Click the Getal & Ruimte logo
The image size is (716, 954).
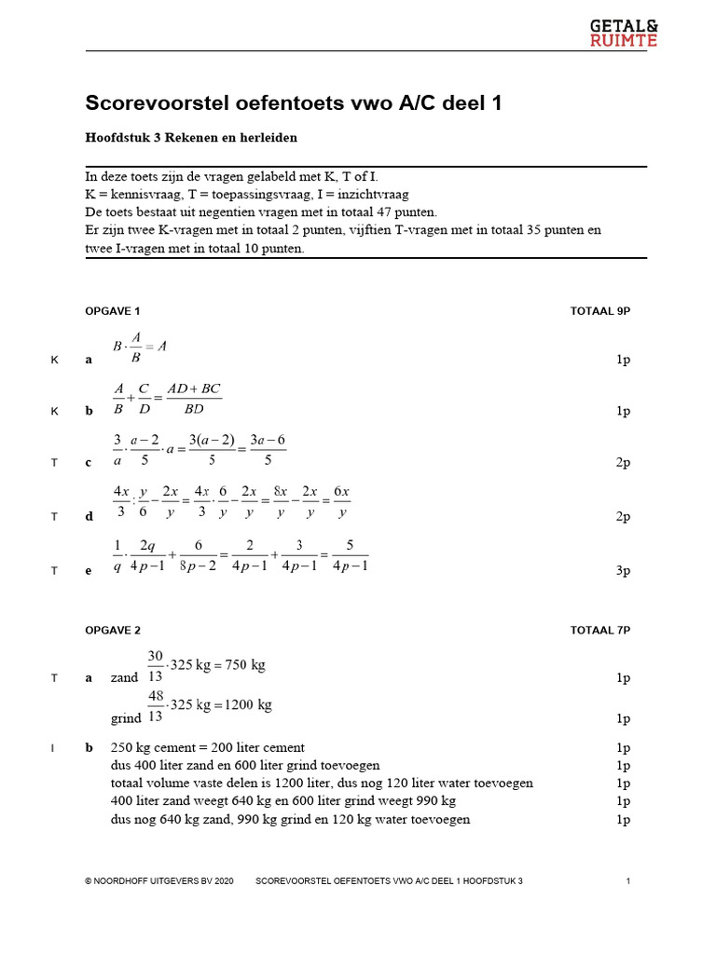[x=624, y=32]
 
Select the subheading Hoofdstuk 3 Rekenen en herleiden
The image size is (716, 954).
[x=191, y=138]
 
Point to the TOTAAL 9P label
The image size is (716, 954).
[x=600, y=311]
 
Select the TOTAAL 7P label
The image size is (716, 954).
[x=600, y=631]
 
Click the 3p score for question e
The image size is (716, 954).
[x=624, y=571]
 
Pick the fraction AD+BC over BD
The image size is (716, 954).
[x=194, y=398]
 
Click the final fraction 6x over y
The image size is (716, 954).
[x=342, y=501]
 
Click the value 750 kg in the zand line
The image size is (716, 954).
[x=246, y=665]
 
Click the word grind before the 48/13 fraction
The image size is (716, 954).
[x=126, y=718]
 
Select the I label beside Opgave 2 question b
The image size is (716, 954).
[x=54, y=748]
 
